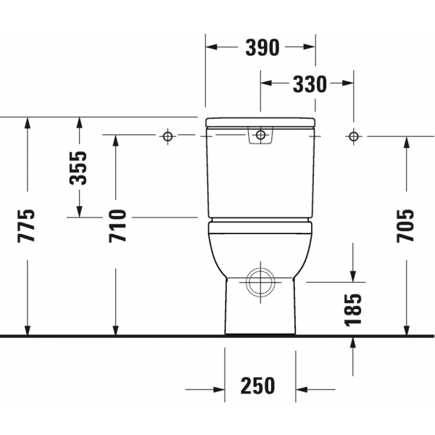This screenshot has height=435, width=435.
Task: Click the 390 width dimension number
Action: click(262, 47)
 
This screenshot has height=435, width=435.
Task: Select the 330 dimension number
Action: click(310, 84)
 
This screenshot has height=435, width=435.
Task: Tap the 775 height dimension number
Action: click(26, 225)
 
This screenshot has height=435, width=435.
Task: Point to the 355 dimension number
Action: click(78, 168)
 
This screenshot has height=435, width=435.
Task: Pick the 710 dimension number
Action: click(117, 226)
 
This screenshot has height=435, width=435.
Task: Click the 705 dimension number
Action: click(405, 225)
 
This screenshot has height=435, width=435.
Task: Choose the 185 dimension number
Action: click(353, 309)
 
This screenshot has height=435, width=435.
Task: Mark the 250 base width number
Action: click(257, 386)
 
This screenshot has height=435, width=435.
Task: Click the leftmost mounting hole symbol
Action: click(167, 136)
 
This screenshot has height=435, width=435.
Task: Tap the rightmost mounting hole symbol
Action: click(353, 136)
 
